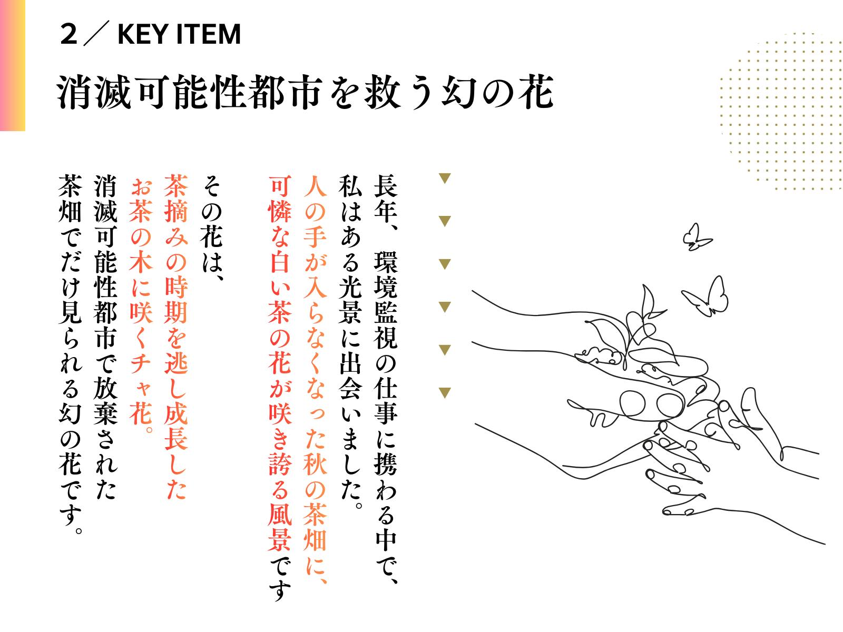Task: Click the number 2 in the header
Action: (x=68, y=34)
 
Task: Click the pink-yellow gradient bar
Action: (x=13, y=65)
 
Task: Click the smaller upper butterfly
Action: (x=697, y=238)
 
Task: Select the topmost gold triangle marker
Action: (x=445, y=179)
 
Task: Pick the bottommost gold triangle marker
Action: (x=445, y=393)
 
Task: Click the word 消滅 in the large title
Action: (x=94, y=93)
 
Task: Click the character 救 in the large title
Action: (x=383, y=93)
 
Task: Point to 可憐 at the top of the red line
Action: (x=280, y=200)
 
